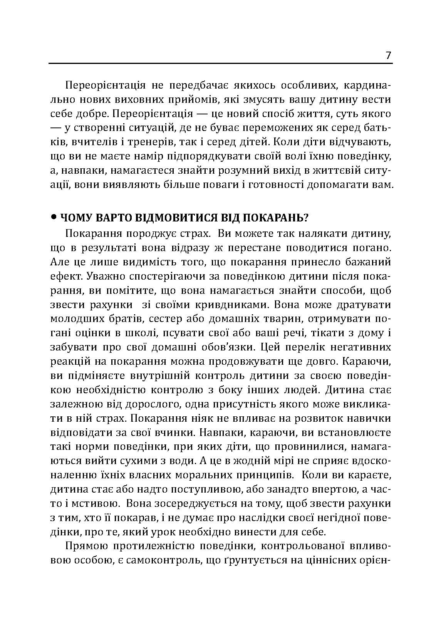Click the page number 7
coord(388,55)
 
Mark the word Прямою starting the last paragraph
coord(84,547)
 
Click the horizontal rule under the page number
coord(221,63)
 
